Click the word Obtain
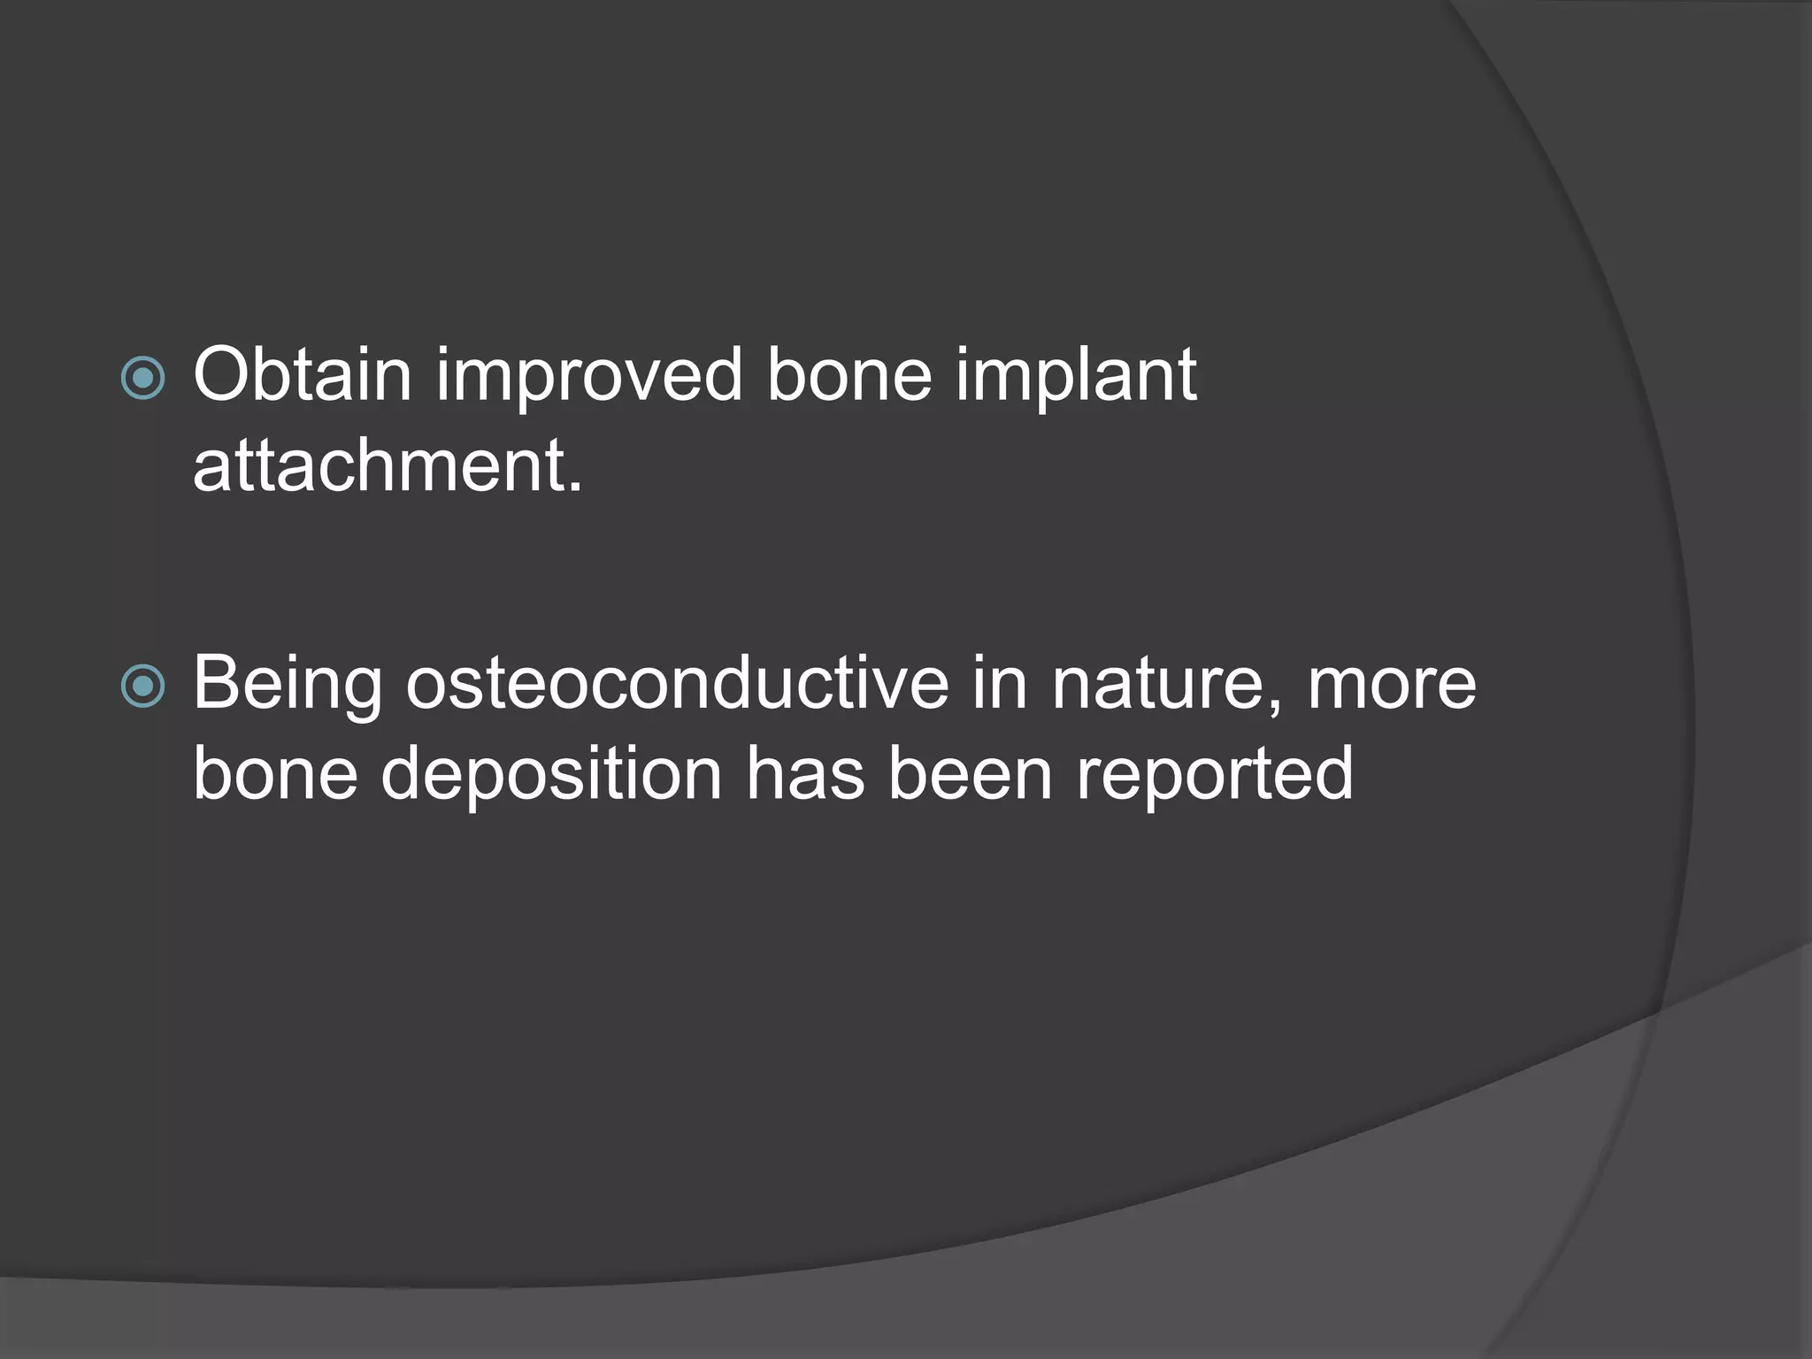coord(303,375)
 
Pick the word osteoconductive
coord(677,683)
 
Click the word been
coord(970,773)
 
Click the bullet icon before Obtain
coord(142,379)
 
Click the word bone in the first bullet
coord(849,375)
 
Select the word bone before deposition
coord(275,773)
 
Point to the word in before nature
coord(1000,683)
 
